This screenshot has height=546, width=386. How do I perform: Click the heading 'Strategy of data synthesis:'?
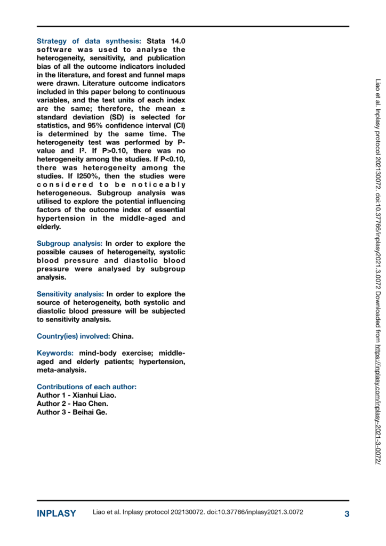[89, 41]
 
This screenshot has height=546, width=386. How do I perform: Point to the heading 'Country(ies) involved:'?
[73, 336]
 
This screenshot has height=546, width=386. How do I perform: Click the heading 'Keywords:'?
[55, 353]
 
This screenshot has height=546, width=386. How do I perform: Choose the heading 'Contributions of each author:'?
[86, 387]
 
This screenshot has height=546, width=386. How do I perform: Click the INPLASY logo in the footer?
[56, 513]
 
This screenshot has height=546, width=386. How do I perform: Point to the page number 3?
[347, 513]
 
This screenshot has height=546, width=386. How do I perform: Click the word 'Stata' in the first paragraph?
[156, 41]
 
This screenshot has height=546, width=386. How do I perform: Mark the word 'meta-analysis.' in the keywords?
[61, 370]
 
